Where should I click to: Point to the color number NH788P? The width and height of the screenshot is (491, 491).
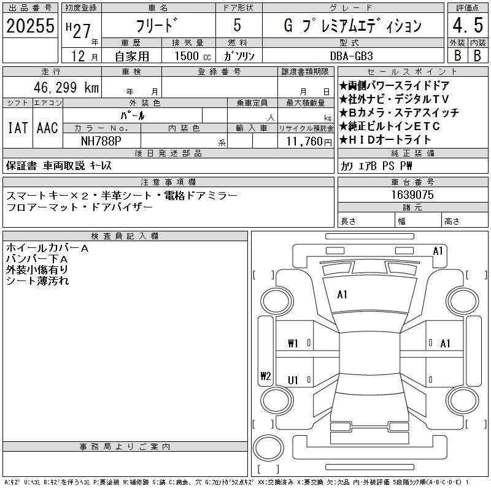tap(101, 141)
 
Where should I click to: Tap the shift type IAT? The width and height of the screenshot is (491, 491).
tap(17, 128)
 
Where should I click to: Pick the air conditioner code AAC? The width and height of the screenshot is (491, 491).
tap(47, 128)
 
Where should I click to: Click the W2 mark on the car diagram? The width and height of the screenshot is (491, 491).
tap(265, 377)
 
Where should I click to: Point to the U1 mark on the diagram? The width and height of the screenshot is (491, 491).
tap(293, 381)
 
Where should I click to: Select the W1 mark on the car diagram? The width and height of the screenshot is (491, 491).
tap(293, 344)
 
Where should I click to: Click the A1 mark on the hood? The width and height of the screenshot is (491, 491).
tap(342, 295)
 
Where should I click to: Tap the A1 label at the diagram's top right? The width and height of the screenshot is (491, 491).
tap(438, 250)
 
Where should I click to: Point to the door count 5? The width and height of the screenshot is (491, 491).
tap(237, 26)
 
